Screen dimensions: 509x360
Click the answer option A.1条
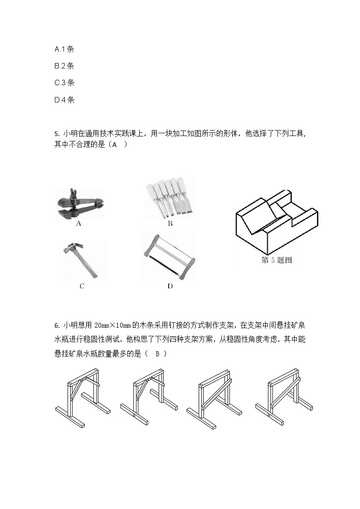(64, 49)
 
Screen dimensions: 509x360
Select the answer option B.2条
(64, 66)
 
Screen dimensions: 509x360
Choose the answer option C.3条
(64, 82)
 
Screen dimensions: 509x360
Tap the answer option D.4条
(64, 100)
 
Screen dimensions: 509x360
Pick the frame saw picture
(170, 257)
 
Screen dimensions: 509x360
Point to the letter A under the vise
(78, 223)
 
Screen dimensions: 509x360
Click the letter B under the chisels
(170, 223)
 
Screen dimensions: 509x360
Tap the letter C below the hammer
(82, 286)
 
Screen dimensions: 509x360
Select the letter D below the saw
(170, 286)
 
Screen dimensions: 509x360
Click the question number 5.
(56, 134)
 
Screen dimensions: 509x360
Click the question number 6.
(56, 325)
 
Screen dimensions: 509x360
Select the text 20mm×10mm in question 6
(113, 325)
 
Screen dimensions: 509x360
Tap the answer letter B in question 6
(157, 354)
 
